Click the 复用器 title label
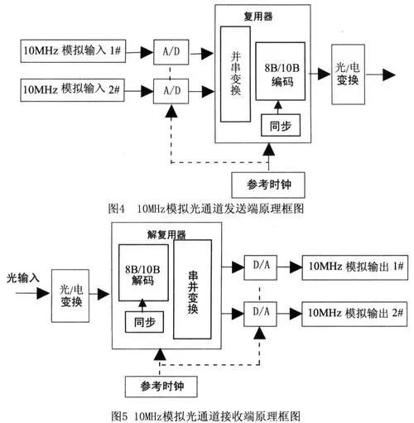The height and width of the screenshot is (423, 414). (265, 15)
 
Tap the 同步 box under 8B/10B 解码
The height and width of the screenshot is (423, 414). (142, 322)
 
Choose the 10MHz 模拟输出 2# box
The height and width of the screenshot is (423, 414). (353, 312)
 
